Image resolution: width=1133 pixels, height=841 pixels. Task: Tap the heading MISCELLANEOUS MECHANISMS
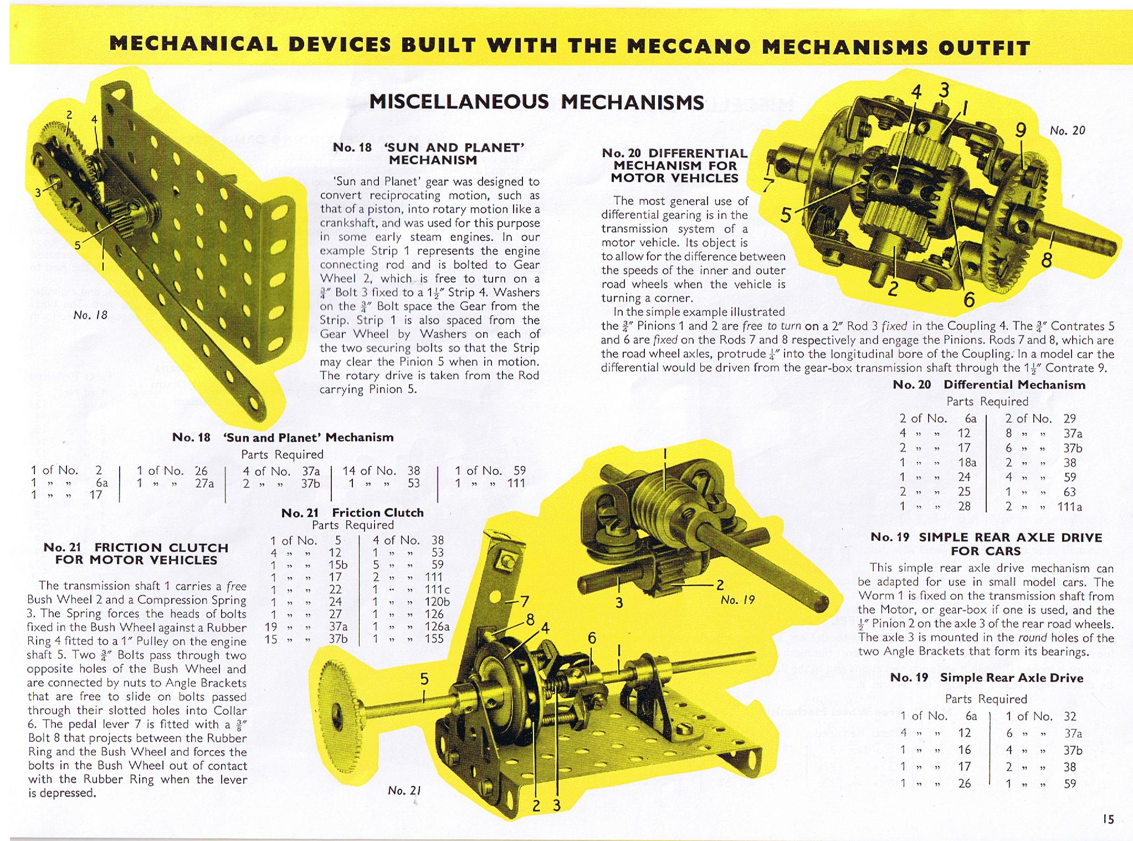(x=536, y=102)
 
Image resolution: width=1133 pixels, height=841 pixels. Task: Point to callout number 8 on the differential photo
(x=1046, y=259)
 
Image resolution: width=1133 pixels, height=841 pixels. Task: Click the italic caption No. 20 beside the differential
(x=1067, y=131)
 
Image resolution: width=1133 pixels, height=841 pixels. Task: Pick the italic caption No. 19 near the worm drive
(x=738, y=600)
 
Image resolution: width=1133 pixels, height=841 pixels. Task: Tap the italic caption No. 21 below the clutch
(x=405, y=791)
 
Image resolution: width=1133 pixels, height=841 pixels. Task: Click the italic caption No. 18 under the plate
(x=91, y=315)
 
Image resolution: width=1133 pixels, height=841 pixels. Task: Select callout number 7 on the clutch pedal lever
(x=524, y=602)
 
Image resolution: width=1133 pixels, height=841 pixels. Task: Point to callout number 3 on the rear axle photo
(x=619, y=602)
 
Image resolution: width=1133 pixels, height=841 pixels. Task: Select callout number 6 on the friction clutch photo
(x=592, y=638)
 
